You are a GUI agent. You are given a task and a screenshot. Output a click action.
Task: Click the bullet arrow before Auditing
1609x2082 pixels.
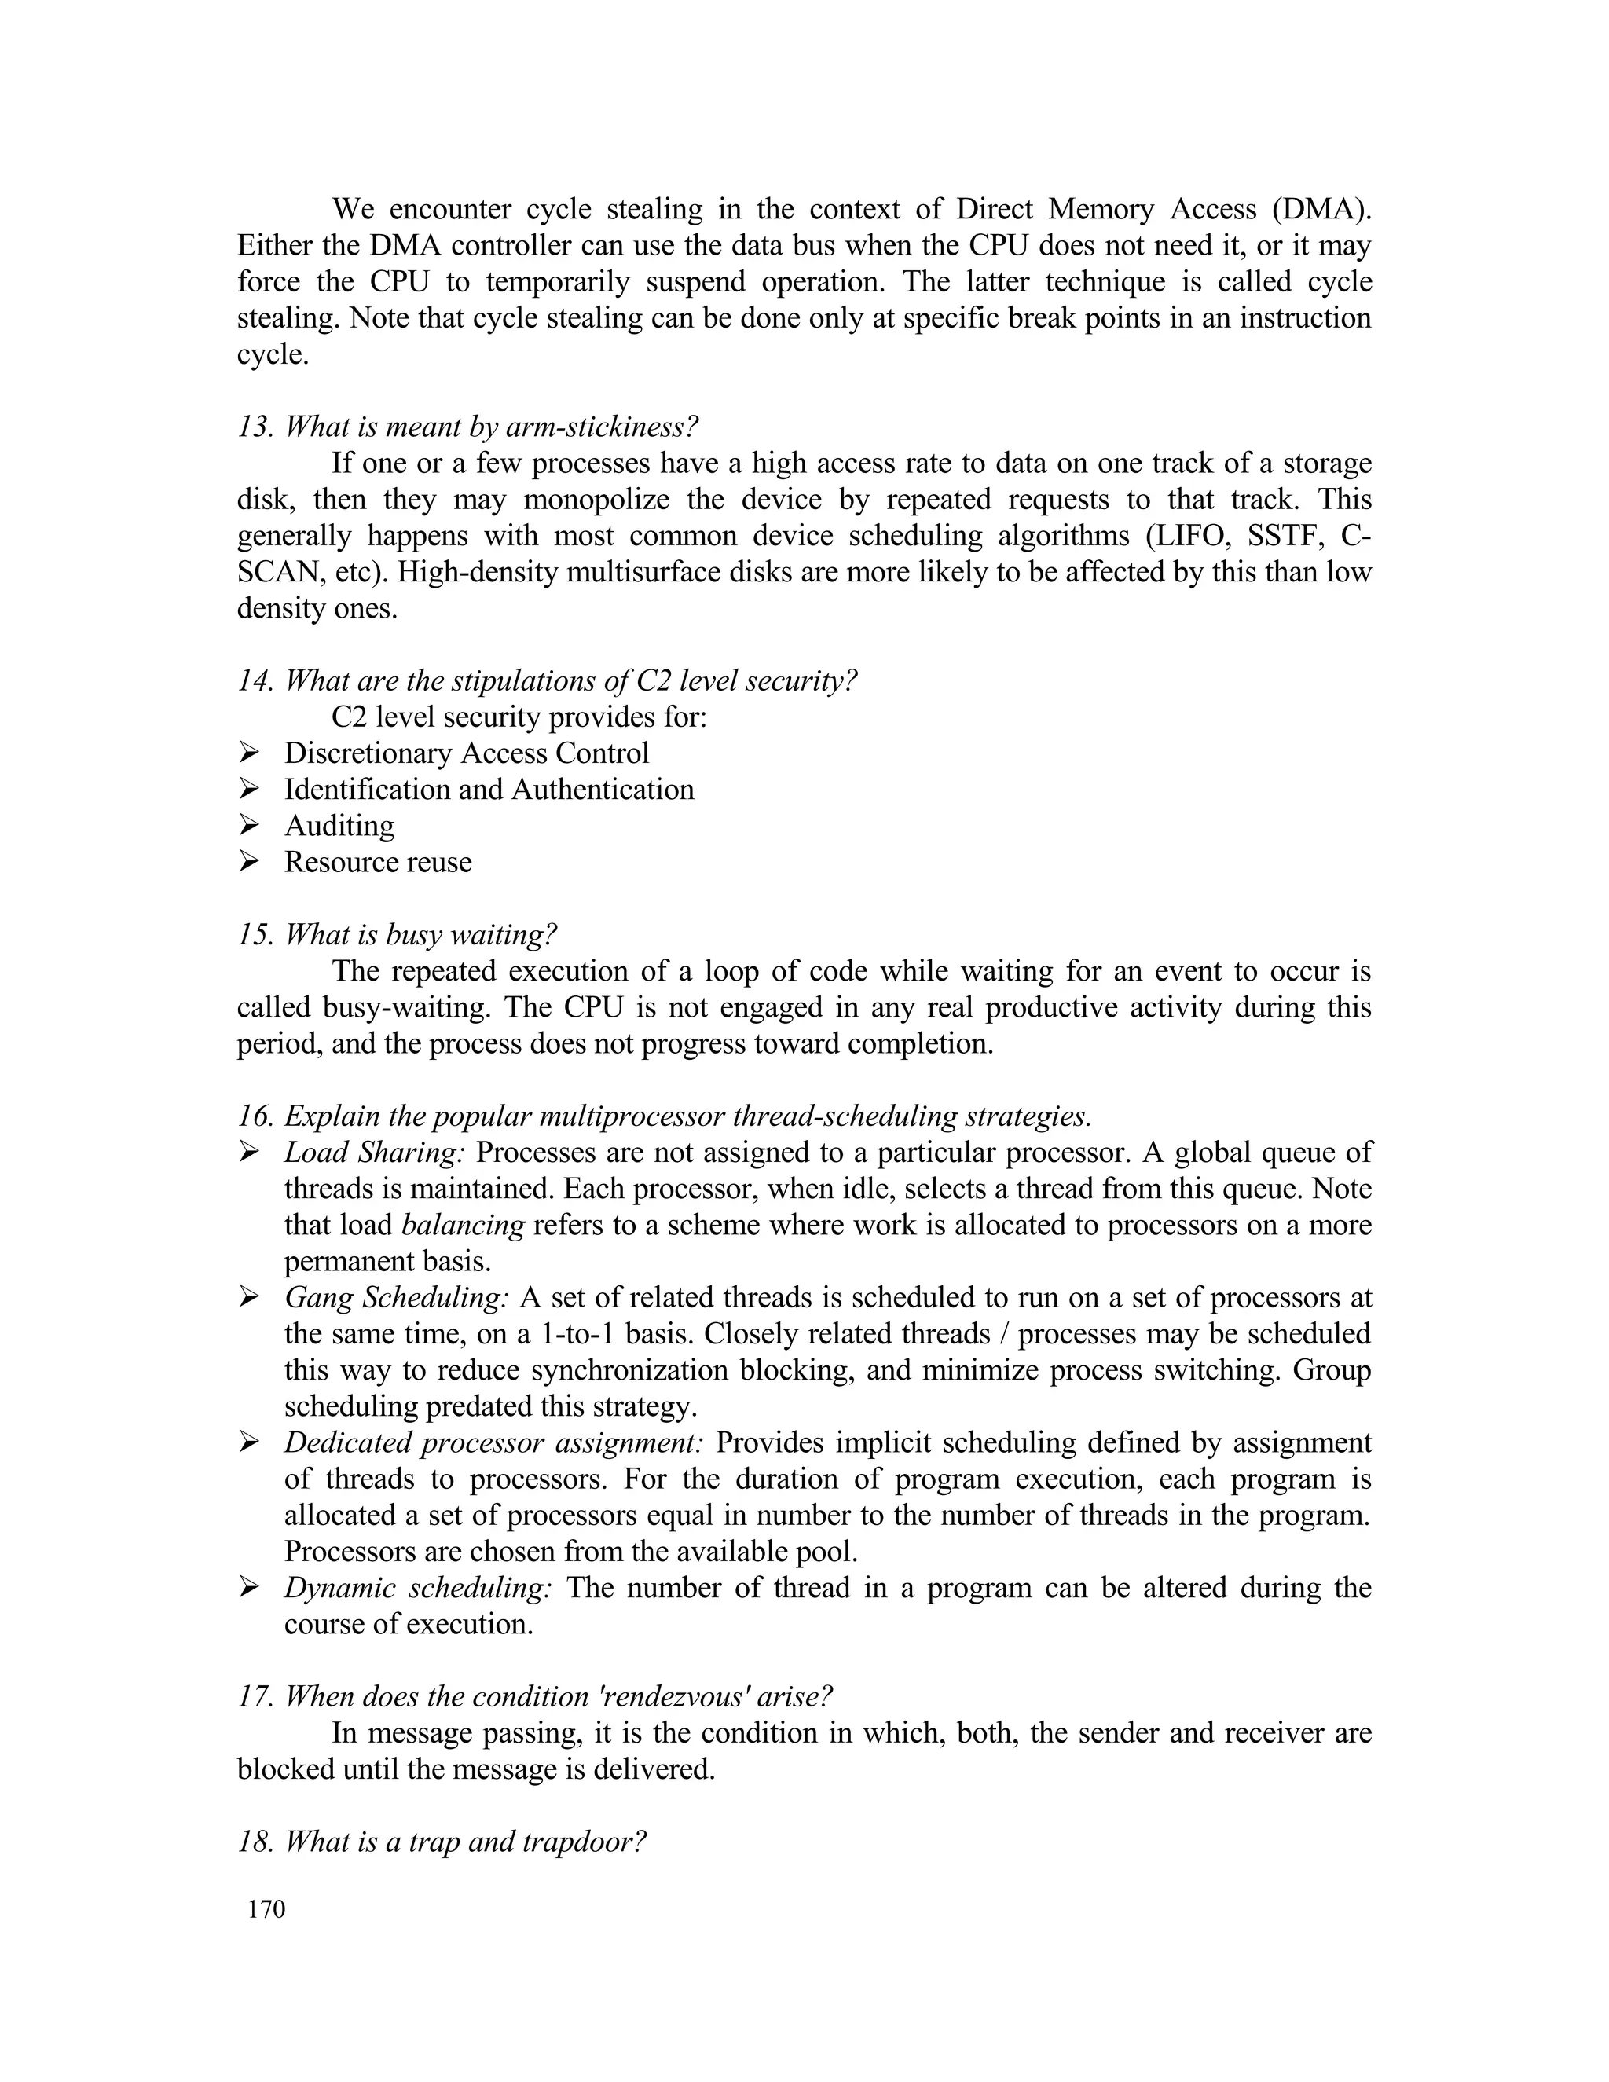(x=250, y=825)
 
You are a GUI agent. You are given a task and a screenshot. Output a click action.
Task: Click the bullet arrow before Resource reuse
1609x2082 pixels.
(x=250, y=861)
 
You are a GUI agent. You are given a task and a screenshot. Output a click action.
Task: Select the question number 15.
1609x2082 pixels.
(x=255, y=934)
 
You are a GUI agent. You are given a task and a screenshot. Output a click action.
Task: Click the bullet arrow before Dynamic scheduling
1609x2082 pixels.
(x=250, y=1587)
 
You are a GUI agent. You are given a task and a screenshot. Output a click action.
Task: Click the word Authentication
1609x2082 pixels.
(x=603, y=790)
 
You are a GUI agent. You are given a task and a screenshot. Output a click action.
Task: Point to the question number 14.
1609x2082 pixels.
(x=255, y=680)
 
